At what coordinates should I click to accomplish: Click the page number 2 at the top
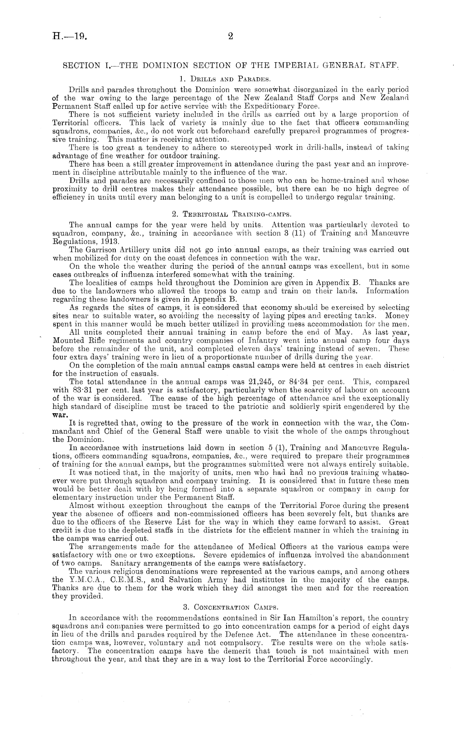(230, 37)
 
